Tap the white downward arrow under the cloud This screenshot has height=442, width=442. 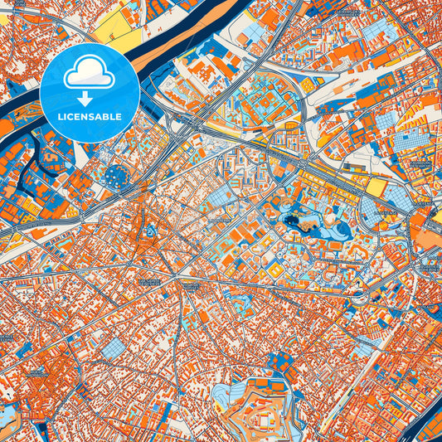tap(89, 99)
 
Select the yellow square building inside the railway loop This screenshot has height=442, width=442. tap(308, 85)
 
